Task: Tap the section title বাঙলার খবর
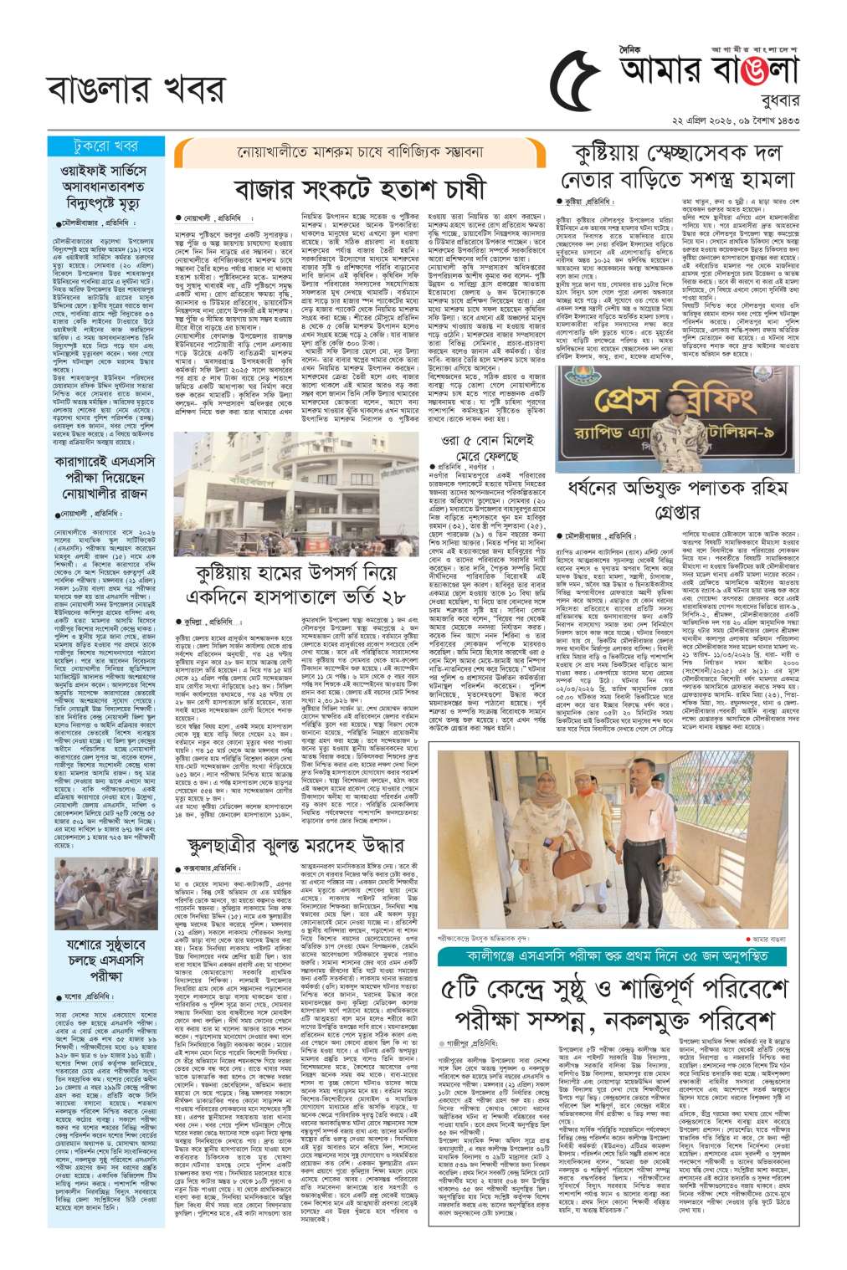point(136,89)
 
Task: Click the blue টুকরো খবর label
point(105,146)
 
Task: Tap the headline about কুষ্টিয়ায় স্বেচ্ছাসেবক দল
point(677,166)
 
